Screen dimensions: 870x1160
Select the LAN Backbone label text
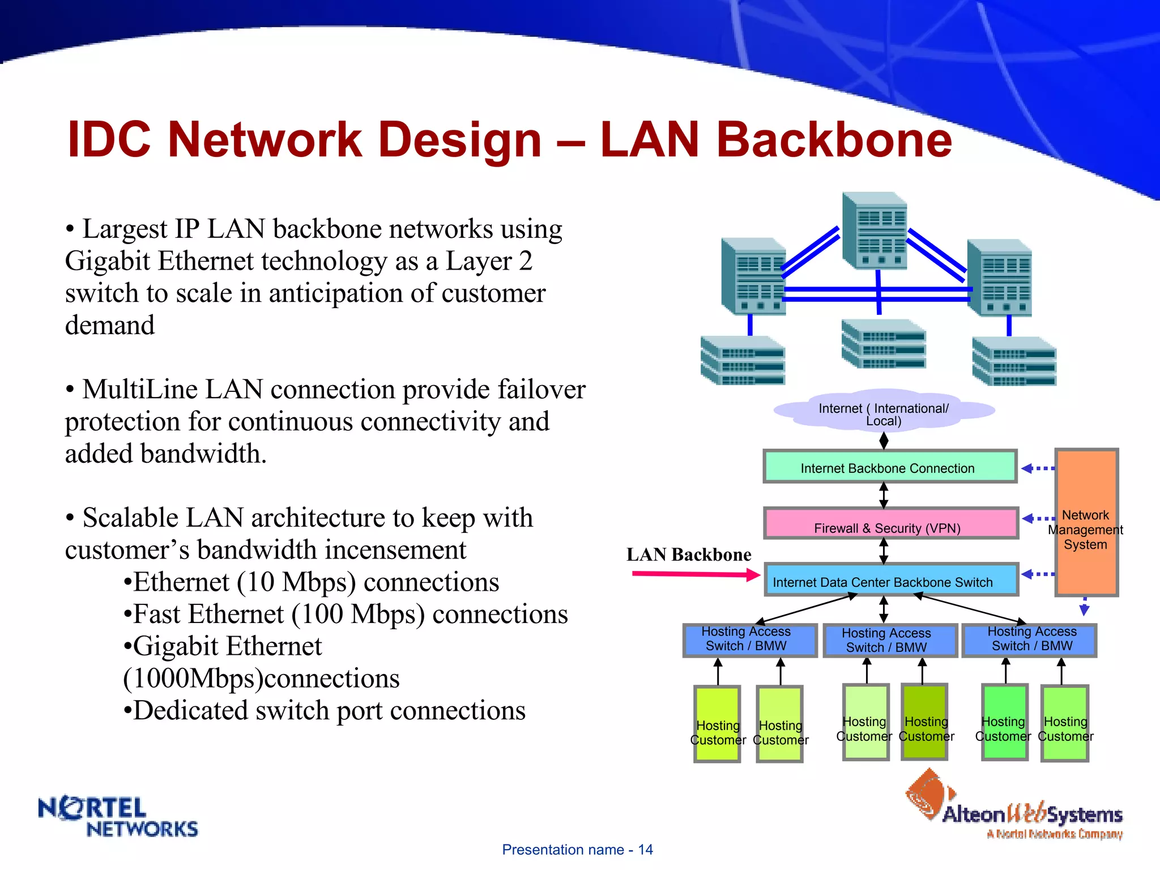(689, 554)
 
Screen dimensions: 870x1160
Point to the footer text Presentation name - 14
(577, 850)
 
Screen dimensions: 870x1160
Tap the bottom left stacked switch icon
(742, 360)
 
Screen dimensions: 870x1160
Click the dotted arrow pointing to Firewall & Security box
(1038, 518)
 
